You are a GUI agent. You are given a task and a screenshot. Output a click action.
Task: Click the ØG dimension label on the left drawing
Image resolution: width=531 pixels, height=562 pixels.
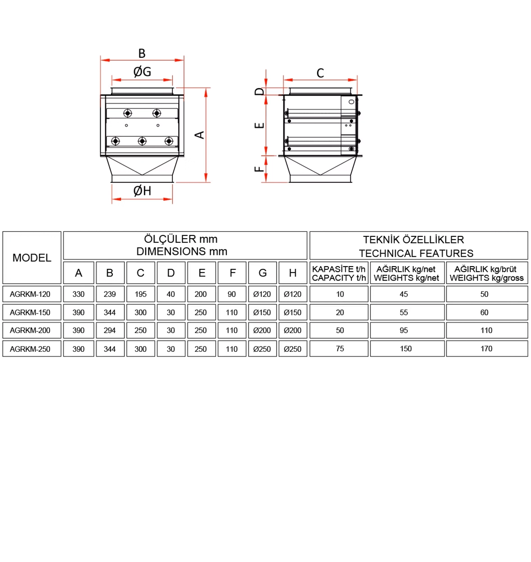tap(142, 72)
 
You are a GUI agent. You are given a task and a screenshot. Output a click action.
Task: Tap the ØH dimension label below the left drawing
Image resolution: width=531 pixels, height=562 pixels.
tap(142, 191)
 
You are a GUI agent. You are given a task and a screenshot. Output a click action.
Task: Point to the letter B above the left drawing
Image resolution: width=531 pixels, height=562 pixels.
tap(142, 54)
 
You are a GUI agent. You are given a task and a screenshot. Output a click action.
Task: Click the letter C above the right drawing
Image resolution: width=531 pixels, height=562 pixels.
tap(320, 73)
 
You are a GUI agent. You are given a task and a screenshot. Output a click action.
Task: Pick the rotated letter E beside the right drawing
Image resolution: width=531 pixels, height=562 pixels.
tap(259, 125)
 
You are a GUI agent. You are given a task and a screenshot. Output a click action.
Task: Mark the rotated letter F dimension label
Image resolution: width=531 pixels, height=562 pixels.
tap(259, 169)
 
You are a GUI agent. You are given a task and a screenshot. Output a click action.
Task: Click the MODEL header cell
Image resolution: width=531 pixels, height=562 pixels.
tap(32, 258)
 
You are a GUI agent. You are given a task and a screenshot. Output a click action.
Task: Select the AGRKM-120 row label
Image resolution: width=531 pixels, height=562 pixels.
tap(30, 294)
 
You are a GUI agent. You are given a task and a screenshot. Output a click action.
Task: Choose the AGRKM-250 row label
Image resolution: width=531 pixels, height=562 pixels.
tap(30, 349)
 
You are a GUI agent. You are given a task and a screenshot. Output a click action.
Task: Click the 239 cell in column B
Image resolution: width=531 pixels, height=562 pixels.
tap(110, 294)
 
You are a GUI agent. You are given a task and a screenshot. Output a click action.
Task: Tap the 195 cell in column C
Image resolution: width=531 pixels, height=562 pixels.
tap(140, 294)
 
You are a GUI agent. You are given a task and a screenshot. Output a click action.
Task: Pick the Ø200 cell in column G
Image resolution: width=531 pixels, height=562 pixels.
tap(262, 330)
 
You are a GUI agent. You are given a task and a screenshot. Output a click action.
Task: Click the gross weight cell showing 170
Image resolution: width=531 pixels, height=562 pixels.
tap(486, 349)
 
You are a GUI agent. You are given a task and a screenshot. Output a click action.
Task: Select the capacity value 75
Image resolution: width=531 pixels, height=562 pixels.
tap(340, 349)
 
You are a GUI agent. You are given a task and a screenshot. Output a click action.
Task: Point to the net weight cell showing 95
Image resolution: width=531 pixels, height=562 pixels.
tap(404, 330)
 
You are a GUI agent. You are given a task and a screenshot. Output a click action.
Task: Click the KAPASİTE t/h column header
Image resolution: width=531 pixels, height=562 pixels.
tap(339, 273)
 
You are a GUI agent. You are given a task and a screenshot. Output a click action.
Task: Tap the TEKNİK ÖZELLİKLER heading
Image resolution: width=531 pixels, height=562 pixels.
tap(414, 240)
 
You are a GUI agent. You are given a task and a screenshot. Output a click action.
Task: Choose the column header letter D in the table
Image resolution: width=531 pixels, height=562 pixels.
tap(171, 273)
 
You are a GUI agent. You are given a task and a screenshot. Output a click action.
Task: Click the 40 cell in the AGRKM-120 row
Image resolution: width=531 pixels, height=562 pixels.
tap(171, 294)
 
